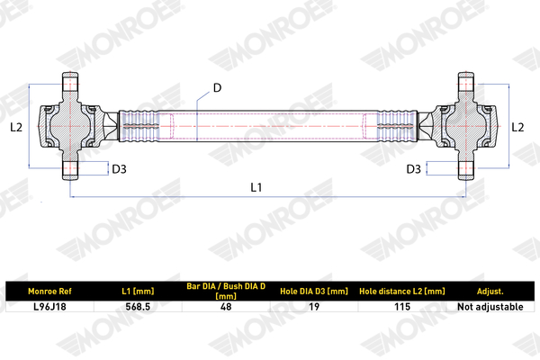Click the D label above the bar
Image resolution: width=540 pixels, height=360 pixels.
coord(217,88)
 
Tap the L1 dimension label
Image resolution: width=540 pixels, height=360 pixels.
coord(256,187)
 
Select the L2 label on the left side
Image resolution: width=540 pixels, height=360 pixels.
coord(16,128)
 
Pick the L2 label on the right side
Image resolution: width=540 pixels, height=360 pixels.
coord(517,128)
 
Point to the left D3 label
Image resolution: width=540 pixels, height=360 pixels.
coord(119,169)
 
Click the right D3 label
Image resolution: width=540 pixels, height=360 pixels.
coord(414,169)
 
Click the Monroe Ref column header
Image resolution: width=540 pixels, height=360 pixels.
coord(49,292)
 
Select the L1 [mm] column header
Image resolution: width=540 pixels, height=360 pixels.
coord(138,292)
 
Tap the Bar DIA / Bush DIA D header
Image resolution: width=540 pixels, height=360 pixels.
coord(226,291)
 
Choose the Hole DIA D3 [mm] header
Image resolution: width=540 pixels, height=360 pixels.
coord(314,292)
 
